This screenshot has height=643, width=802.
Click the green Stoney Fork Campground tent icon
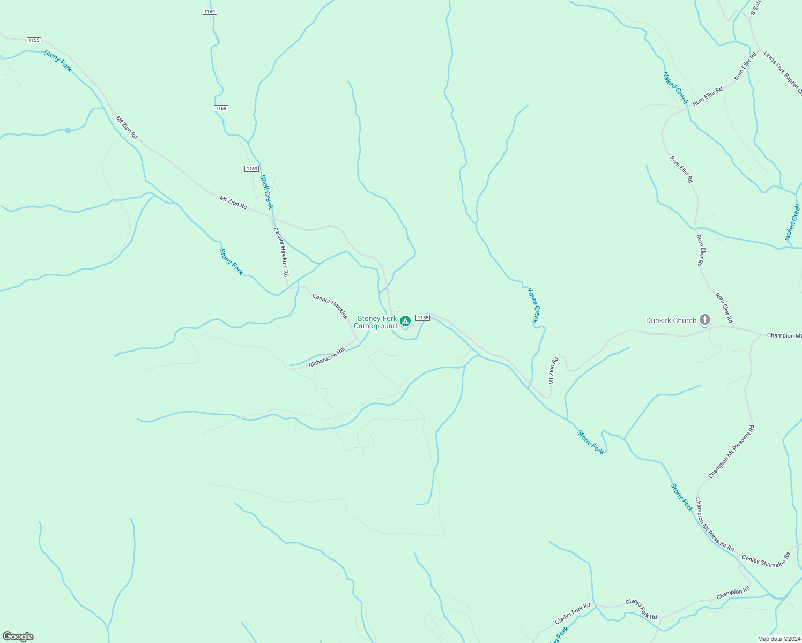click(x=405, y=321)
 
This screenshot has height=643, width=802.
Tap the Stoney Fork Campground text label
click(x=376, y=322)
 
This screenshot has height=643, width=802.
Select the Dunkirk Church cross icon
click(x=705, y=320)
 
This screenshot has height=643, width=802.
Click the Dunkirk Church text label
click(x=671, y=320)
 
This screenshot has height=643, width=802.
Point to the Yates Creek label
click(x=533, y=305)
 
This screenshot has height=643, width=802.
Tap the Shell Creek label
click(x=266, y=191)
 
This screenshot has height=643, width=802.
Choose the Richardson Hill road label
click(x=326, y=357)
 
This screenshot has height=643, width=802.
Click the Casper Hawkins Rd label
click(x=281, y=252)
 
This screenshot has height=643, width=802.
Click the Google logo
click(x=18, y=637)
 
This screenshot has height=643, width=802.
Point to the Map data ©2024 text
click(x=778, y=639)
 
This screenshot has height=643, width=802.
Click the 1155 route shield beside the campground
click(x=422, y=318)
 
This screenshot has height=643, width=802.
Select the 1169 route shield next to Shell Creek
click(x=252, y=169)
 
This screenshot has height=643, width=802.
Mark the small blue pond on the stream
click(x=68, y=130)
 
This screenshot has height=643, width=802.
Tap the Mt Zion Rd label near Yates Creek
click(x=553, y=370)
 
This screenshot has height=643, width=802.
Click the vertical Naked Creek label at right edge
click(x=793, y=222)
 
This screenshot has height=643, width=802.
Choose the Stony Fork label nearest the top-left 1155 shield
click(x=58, y=61)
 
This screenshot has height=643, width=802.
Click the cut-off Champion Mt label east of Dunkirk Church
click(x=784, y=335)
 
